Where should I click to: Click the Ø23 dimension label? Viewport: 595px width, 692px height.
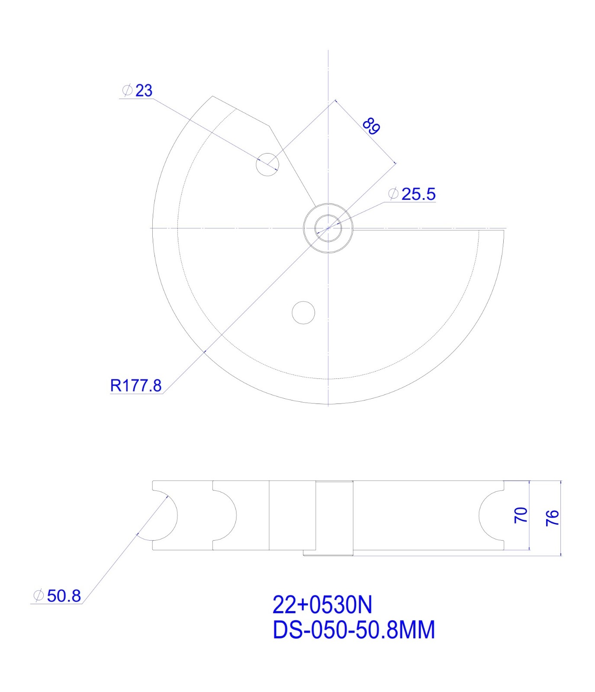137,90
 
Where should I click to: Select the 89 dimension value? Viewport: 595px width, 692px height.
371,125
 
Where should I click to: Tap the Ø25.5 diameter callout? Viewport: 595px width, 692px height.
412,194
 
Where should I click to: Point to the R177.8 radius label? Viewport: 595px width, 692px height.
136,385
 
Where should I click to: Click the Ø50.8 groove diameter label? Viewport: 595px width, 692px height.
57,596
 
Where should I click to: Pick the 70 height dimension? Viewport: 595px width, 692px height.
521,515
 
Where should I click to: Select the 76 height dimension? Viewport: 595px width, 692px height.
553,518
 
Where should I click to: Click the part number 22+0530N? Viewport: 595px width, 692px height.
322,605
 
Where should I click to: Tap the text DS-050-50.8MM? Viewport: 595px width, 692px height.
354,630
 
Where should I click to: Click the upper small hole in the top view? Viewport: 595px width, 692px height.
267,164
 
